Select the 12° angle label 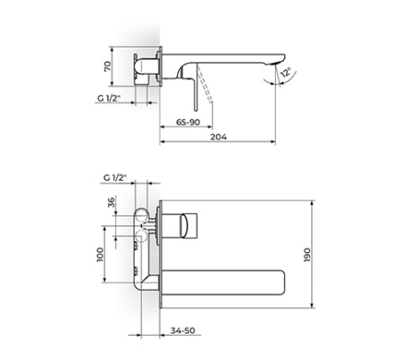coord(285,74)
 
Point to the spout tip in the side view coord(272,63)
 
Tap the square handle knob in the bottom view coord(191,221)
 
